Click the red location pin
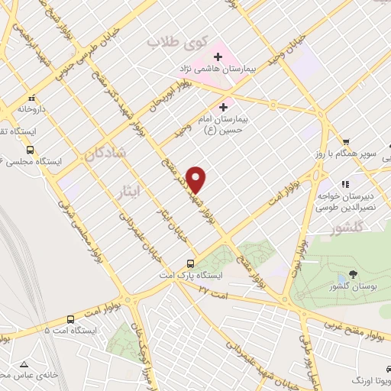click(x=196, y=179)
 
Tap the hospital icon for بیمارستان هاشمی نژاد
click(x=218, y=57)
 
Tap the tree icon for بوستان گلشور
click(x=352, y=274)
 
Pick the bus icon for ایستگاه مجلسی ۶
click(x=31, y=150)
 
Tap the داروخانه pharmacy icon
click(x=31, y=98)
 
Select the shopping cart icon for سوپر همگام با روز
click(x=346, y=142)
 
